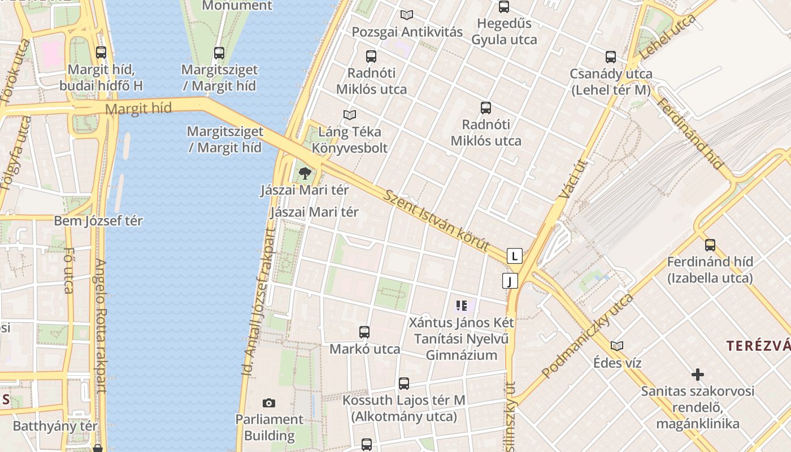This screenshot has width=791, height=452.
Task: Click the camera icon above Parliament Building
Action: (269, 403)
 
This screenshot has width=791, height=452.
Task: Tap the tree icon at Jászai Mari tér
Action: (305, 173)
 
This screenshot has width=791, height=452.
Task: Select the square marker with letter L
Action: (514, 256)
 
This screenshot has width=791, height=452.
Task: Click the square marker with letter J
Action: (510, 281)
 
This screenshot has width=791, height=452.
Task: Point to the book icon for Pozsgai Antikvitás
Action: (406, 15)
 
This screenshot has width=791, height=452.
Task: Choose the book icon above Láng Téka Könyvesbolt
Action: (350, 115)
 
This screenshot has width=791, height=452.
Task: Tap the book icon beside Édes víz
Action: (617, 346)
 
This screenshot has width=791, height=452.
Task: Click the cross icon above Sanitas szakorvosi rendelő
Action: (698, 375)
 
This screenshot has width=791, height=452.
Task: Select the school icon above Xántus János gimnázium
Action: (461, 306)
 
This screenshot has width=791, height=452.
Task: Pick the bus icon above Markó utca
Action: (364, 332)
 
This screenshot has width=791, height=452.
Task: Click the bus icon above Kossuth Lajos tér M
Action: (404, 384)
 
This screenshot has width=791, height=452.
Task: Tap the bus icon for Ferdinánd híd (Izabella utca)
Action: (710, 245)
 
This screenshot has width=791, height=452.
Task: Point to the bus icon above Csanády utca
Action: (611, 57)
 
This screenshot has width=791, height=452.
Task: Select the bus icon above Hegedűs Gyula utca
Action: (504, 7)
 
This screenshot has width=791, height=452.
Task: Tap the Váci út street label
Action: (573, 179)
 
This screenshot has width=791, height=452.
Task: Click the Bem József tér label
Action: (98, 221)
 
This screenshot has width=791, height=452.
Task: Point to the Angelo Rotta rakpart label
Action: (101, 325)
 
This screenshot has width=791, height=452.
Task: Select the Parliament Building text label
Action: (270, 428)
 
